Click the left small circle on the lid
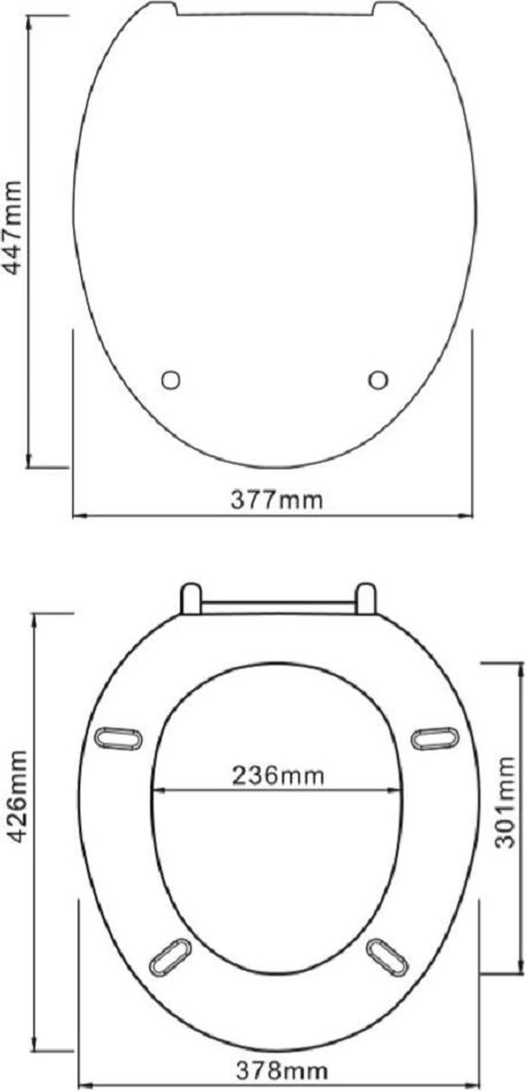point(171,379)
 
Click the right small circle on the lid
point(379,379)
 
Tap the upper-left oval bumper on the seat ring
point(118,739)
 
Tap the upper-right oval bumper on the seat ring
point(434,739)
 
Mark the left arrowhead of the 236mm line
point(156,789)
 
